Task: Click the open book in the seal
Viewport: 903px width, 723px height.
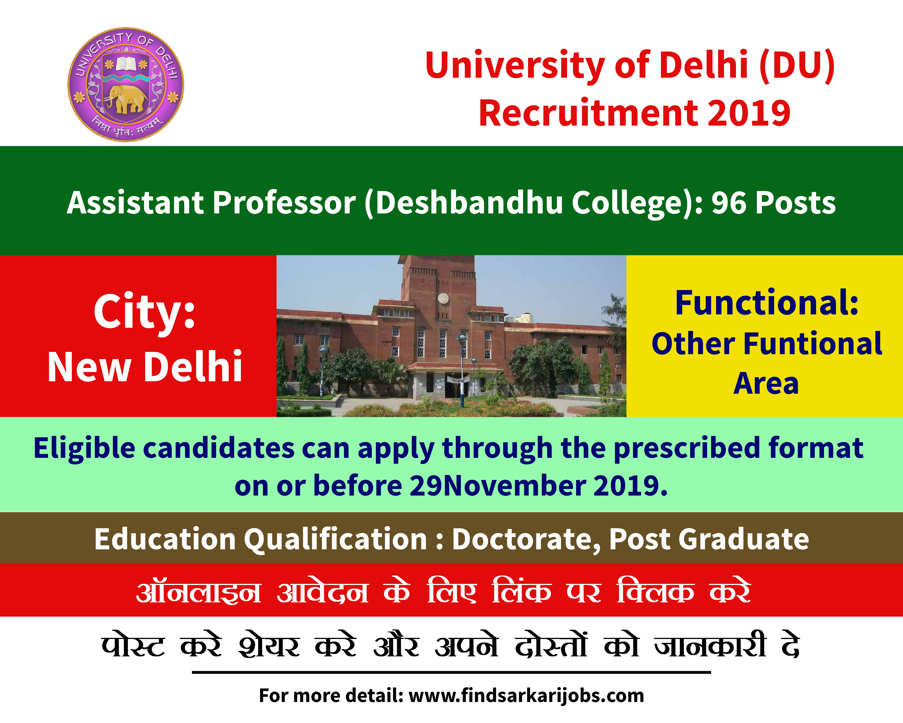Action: tap(126, 64)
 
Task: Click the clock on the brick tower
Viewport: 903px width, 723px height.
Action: tap(443, 298)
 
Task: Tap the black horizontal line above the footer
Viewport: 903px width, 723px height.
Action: tap(451, 672)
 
